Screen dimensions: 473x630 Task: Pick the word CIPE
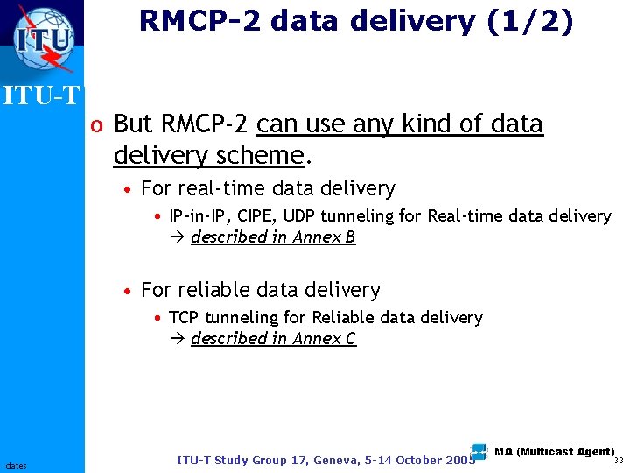pos(255,215)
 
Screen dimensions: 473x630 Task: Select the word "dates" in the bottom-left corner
pos(17,465)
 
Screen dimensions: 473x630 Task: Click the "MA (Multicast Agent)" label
pos(553,452)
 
